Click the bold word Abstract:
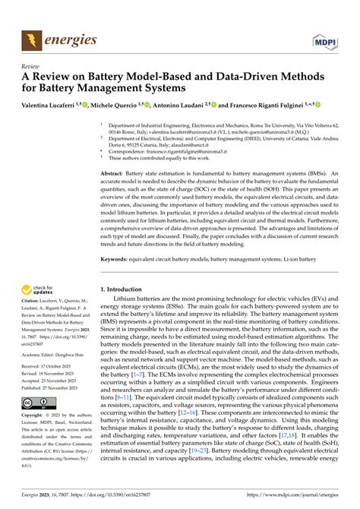click(116, 173)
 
